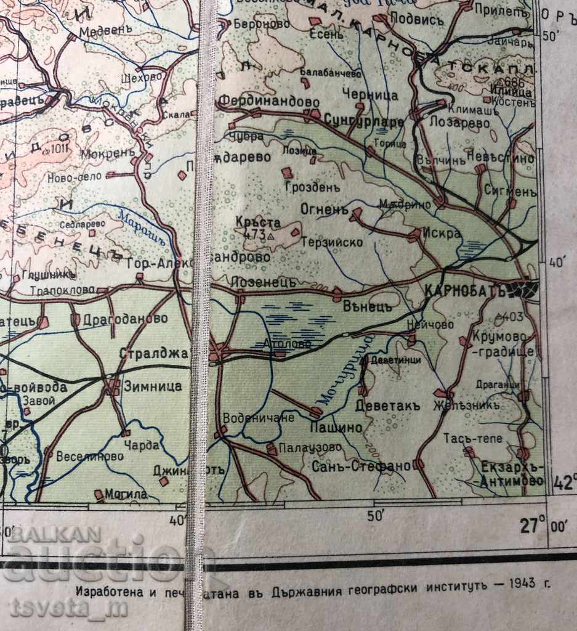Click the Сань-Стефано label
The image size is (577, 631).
[361, 466]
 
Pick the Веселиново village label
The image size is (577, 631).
[90, 457]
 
